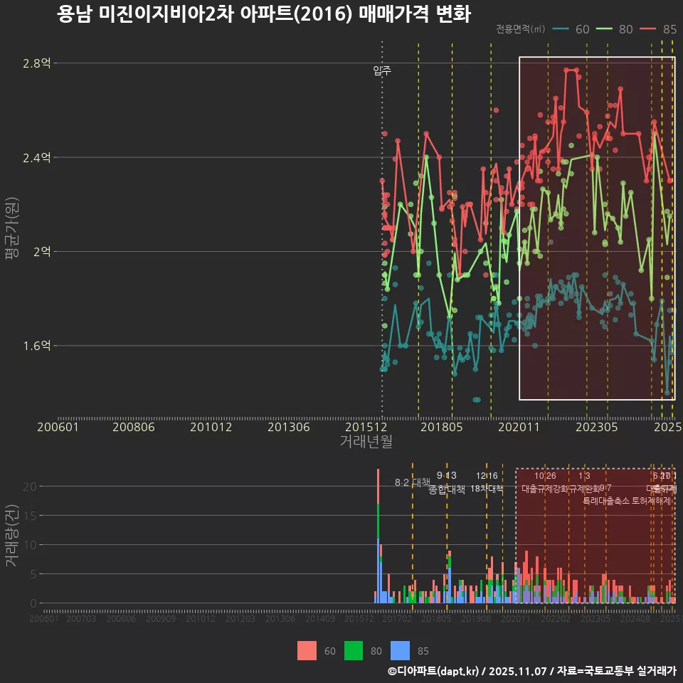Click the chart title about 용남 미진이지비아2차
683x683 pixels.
263,15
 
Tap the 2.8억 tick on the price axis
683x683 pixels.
37,63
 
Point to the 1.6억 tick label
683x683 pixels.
37,346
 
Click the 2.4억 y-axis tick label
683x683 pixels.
37,157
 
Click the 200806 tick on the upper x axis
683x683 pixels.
134,427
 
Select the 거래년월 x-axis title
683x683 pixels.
366,441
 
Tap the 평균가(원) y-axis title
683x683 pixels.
12,242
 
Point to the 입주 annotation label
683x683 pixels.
382,70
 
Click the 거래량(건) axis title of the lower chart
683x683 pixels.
12,536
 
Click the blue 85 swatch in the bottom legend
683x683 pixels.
402,650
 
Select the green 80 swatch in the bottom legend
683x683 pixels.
354,650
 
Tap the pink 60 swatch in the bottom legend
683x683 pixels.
307,650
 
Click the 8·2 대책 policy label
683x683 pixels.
413,482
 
